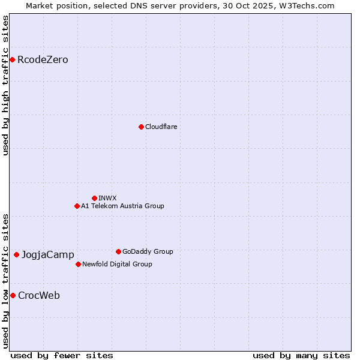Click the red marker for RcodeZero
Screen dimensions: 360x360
click(x=12, y=59)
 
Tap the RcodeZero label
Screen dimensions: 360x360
click(x=43, y=60)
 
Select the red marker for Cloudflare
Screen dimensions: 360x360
click(x=141, y=127)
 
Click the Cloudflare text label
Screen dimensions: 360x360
click(x=161, y=127)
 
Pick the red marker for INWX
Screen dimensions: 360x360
click(x=94, y=198)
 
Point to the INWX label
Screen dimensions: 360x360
click(x=107, y=198)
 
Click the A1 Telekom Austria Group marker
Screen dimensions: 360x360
click(x=77, y=206)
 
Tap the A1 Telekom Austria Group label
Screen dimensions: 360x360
click(x=122, y=206)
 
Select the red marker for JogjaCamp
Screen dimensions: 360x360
click(x=16, y=254)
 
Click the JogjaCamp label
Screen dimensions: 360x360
click(x=48, y=255)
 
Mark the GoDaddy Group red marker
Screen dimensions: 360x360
click(x=118, y=251)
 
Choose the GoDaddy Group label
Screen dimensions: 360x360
click(x=148, y=251)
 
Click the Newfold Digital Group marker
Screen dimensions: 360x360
click(x=78, y=264)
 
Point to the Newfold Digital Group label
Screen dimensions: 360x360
click(x=117, y=264)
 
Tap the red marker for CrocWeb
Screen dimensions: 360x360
click(x=13, y=295)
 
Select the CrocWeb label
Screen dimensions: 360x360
click(x=39, y=295)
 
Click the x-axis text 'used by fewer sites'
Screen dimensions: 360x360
click(x=62, y=355)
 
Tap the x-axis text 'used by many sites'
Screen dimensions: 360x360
click(x=301, y=355)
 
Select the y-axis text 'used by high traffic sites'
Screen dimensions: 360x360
click(x=5, y=86)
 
